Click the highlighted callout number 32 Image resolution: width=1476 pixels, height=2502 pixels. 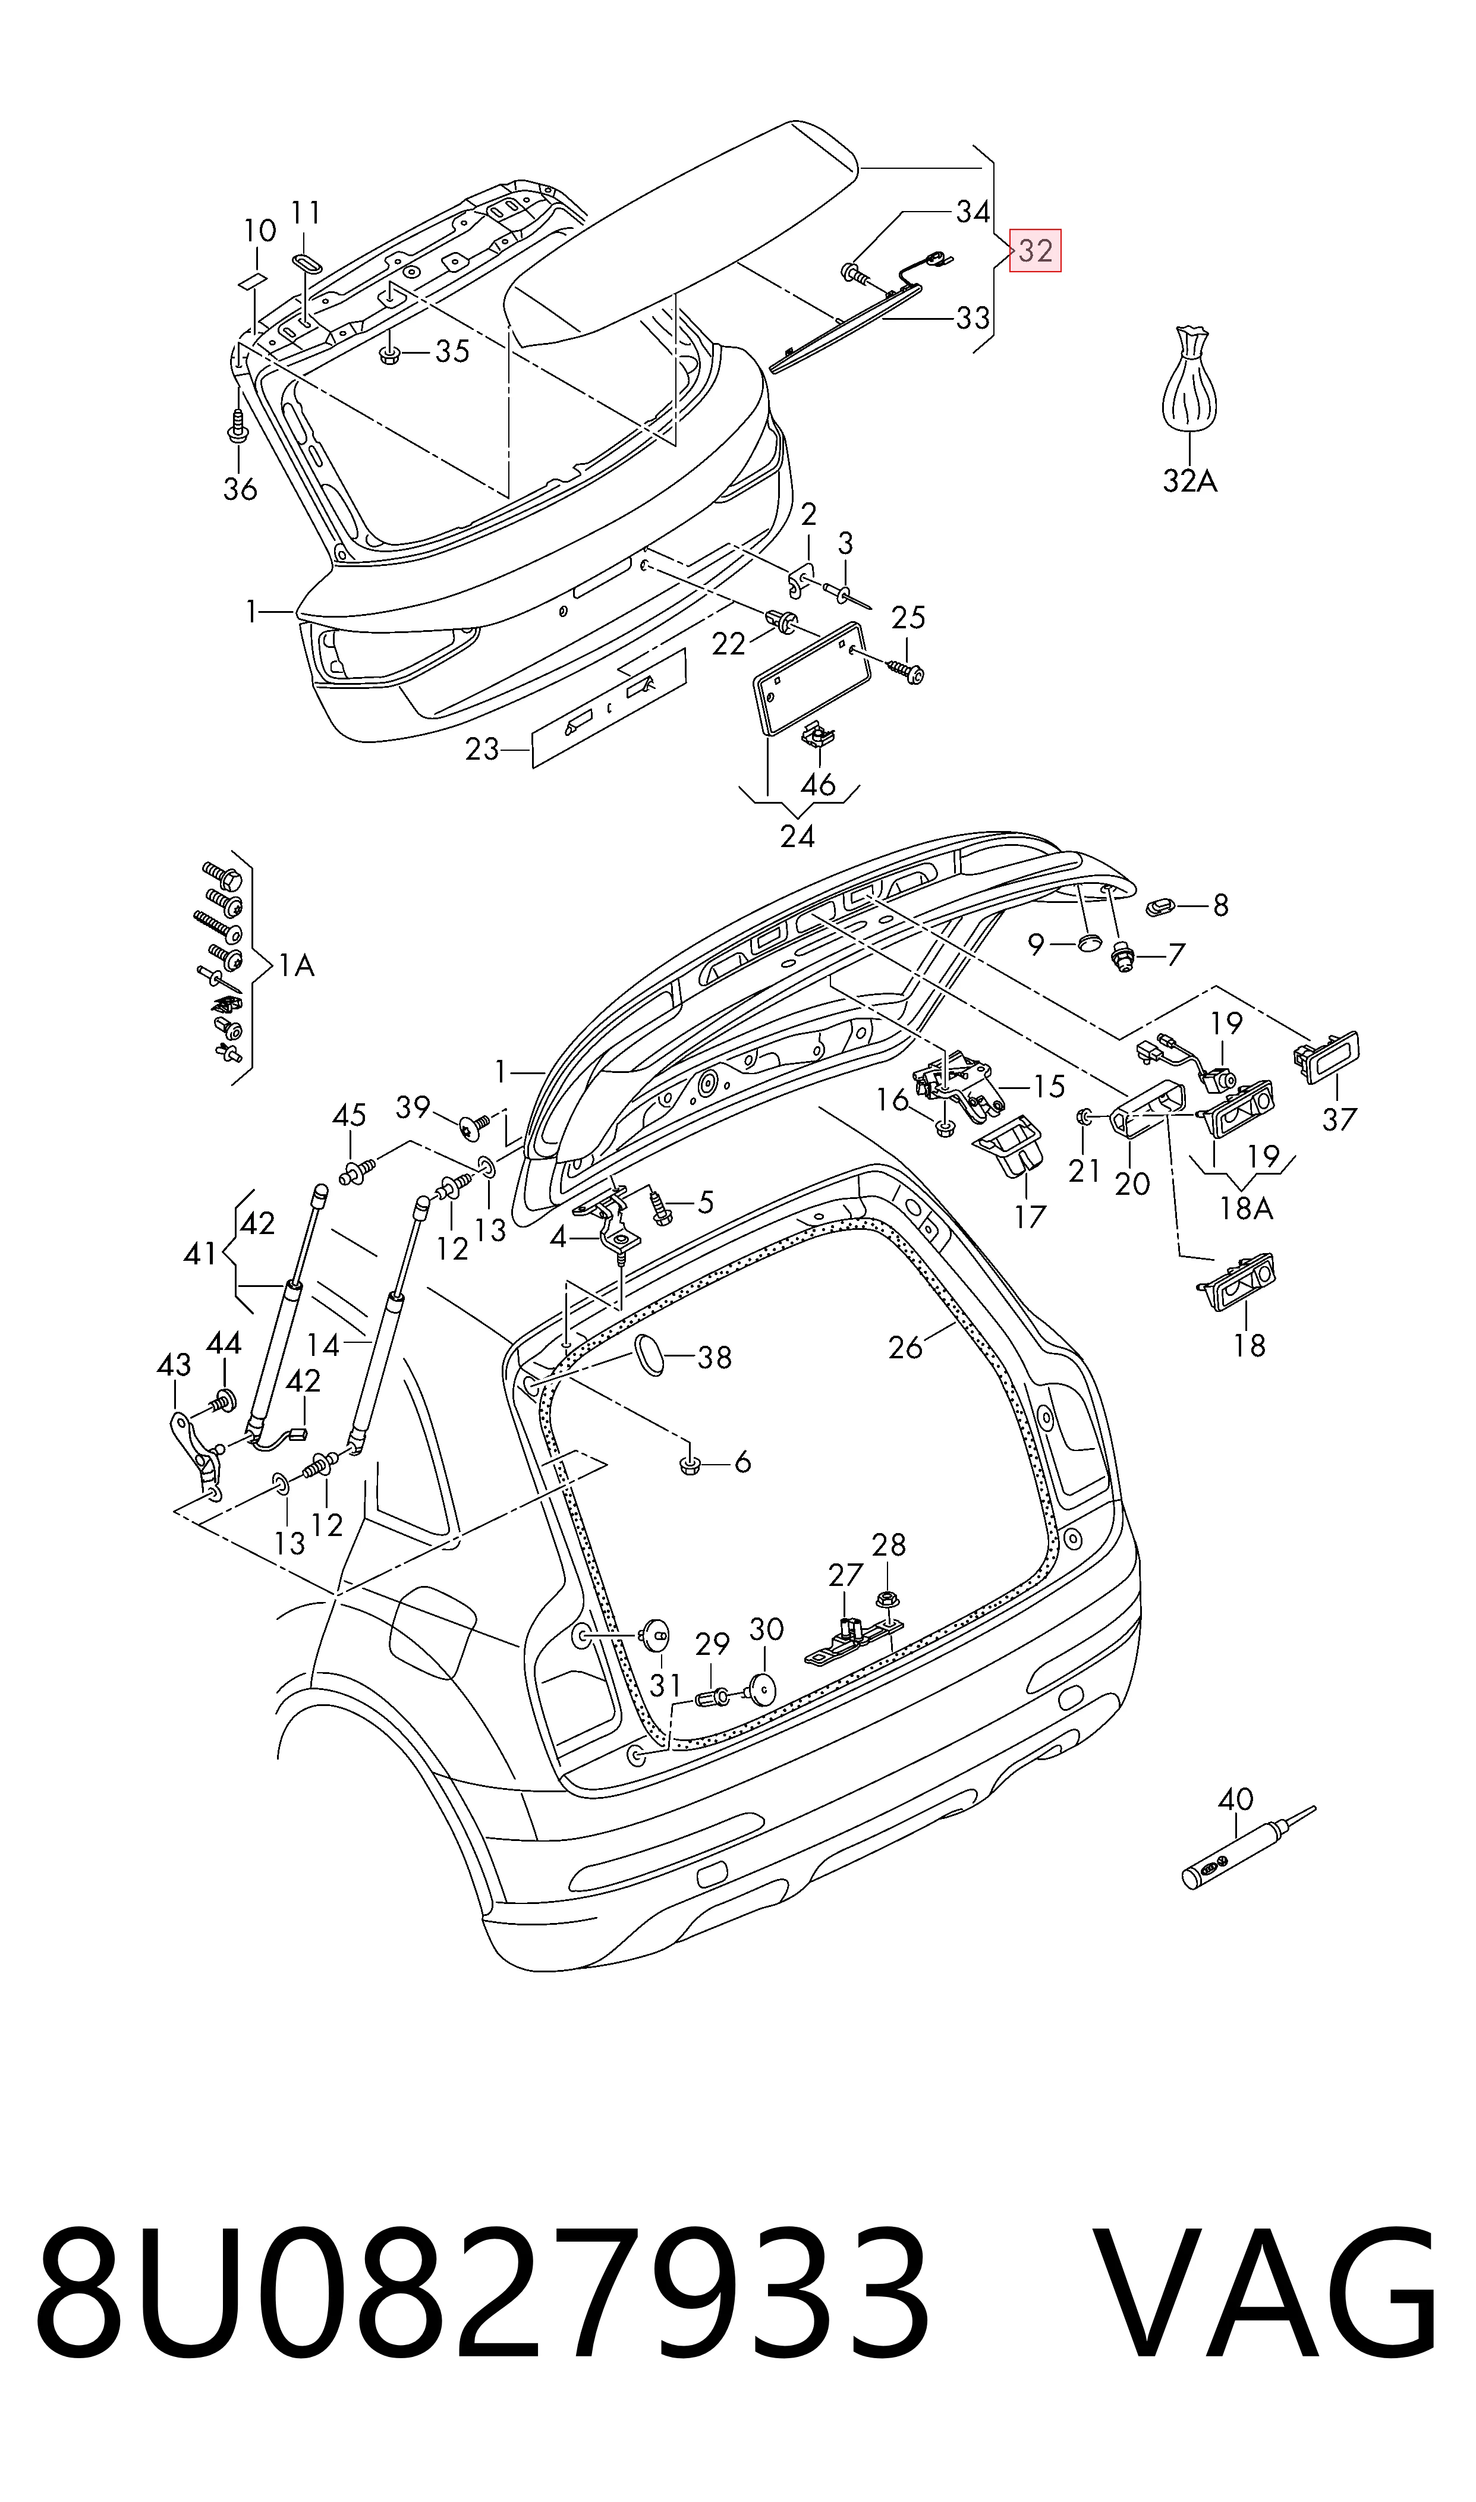[x=1036, y=251]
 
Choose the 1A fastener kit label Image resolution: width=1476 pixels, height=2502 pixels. [x=297, y=965]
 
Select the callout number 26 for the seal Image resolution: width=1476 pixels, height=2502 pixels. [x=906, y=1348]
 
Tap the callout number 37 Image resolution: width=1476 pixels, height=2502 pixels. [x=1339, y=1119]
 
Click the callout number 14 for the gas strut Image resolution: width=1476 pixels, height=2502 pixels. [x=324, y=1345]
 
